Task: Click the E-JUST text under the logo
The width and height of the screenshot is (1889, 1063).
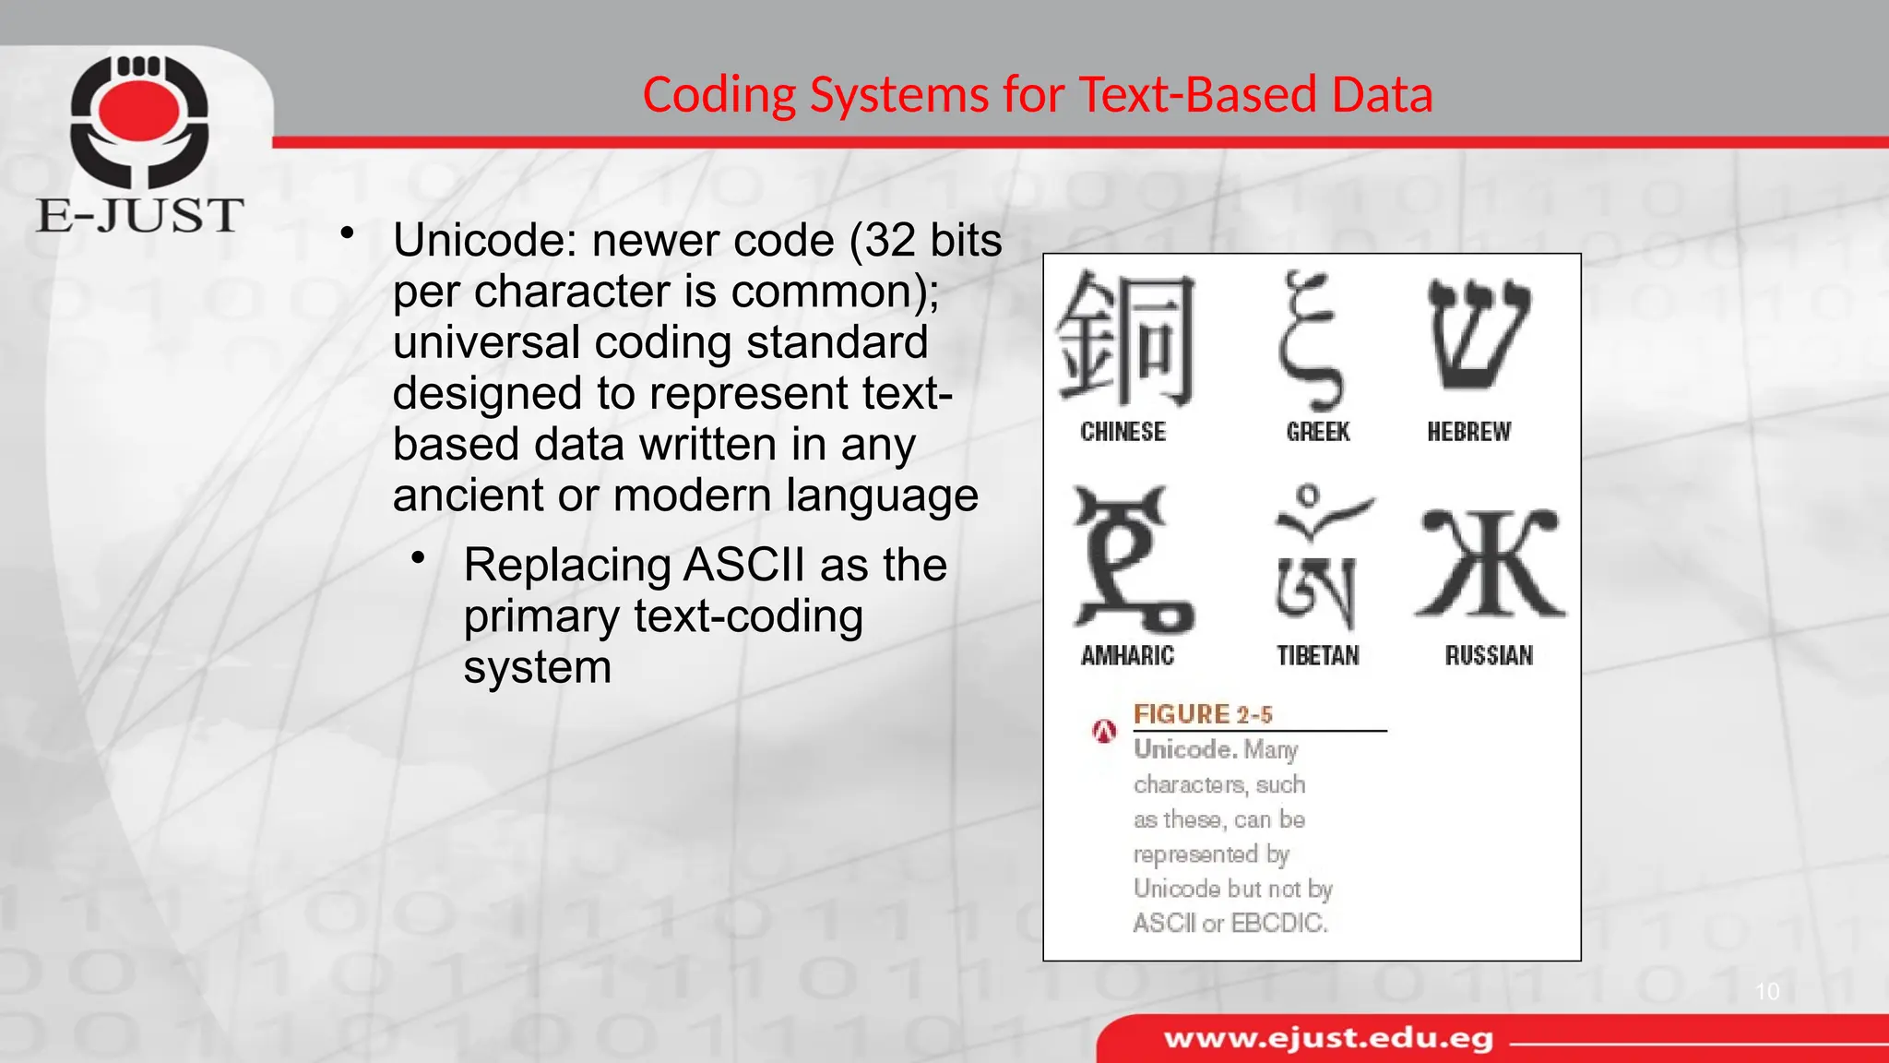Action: (139, 216)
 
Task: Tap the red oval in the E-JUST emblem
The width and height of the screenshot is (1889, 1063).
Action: (139, 110)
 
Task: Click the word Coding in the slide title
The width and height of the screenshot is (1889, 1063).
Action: (719, 95)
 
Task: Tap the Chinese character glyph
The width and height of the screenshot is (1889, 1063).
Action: (1124, 340)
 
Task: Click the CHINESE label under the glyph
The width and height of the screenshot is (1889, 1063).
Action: (1123, 432)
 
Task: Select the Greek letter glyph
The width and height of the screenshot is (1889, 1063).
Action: (1310, 341)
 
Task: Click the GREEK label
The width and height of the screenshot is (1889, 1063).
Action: (1317, 432)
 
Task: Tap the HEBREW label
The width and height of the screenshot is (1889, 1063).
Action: (1468, 432)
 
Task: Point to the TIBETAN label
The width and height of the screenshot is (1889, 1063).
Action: (1317, 656)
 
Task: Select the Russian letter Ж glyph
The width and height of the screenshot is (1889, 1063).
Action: (1490, 563)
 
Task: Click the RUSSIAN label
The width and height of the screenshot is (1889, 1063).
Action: (1489, 656)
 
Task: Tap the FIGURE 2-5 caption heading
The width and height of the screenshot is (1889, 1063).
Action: (1202, 714)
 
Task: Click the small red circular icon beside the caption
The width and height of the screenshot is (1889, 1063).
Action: (1104, 732)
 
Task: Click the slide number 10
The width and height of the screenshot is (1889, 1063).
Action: (1766, 992)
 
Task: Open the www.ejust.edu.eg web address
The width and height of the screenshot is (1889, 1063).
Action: (1328, 1039)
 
